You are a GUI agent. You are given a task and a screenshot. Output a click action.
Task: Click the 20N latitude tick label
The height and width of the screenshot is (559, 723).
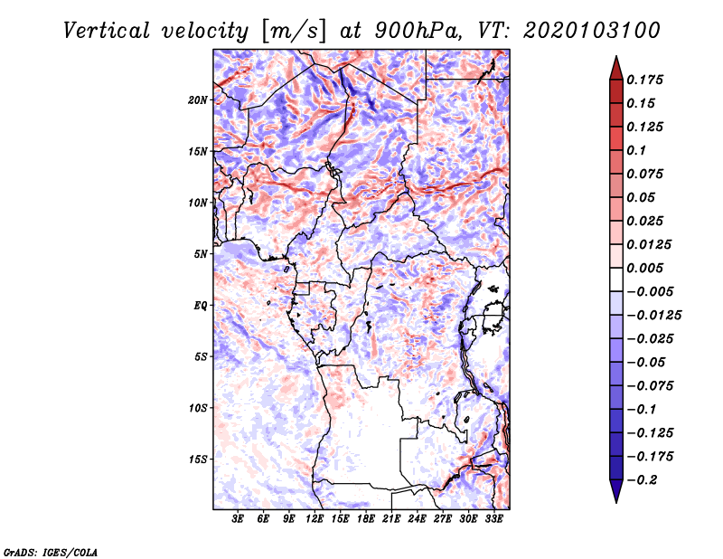(198, 99)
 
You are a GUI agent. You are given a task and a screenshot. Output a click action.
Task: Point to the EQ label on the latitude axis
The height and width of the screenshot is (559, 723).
(200, 305)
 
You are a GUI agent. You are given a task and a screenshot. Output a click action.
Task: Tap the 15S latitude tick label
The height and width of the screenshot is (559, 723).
(198, 459)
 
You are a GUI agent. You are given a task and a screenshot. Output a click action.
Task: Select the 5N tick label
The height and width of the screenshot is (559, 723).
(201, 253)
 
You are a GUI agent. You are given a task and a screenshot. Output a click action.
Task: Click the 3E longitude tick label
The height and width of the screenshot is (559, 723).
(239, 519)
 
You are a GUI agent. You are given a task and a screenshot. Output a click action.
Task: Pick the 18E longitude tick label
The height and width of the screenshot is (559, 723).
(366, 519)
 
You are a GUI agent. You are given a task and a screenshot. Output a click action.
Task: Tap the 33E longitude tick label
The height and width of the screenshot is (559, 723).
(493, 519)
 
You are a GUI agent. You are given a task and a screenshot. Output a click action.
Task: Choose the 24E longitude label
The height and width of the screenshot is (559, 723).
(417, 519)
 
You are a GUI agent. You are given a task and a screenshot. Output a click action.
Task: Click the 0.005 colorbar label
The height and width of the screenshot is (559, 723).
(648, 268)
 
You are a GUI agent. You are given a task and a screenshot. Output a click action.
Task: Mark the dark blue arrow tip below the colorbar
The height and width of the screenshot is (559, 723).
(615, 496)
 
